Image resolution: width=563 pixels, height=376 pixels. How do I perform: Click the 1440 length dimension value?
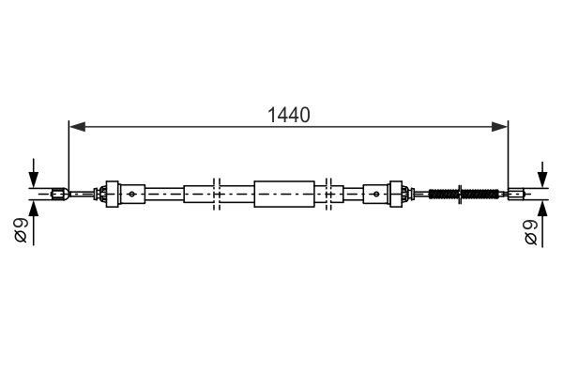click(288, 115)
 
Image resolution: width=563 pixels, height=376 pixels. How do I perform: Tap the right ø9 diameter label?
click(530, 229)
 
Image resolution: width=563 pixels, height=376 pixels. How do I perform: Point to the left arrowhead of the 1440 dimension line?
click(75, 125)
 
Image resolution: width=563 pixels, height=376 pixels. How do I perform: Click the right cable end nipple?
click(515, 195)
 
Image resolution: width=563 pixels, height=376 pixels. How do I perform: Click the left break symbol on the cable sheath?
click(217, 195)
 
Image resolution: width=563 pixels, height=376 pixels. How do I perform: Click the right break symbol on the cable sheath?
click(329, 195)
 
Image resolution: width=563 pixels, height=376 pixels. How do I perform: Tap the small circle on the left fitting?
click(132, 195)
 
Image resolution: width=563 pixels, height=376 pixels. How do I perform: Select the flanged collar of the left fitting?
click(114, 195)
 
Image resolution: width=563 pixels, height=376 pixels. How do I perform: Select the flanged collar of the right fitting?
click(395, 195)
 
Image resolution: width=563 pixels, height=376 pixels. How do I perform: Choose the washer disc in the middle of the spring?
click(462, 195)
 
